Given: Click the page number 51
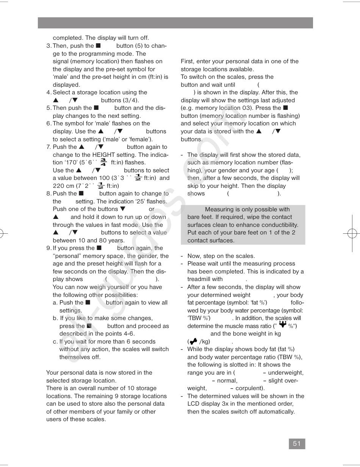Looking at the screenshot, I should pyautogui.click(x=297, y=444).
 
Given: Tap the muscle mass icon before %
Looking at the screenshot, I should pyautogui.click(x=282, y=325).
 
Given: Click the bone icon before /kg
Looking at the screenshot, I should pyautogui.click(x=193, y=341).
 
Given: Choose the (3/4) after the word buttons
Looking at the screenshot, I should pyautogui.click(x=131, y=100).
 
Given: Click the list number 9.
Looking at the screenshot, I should pyautogui.click(x=49, y=248).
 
